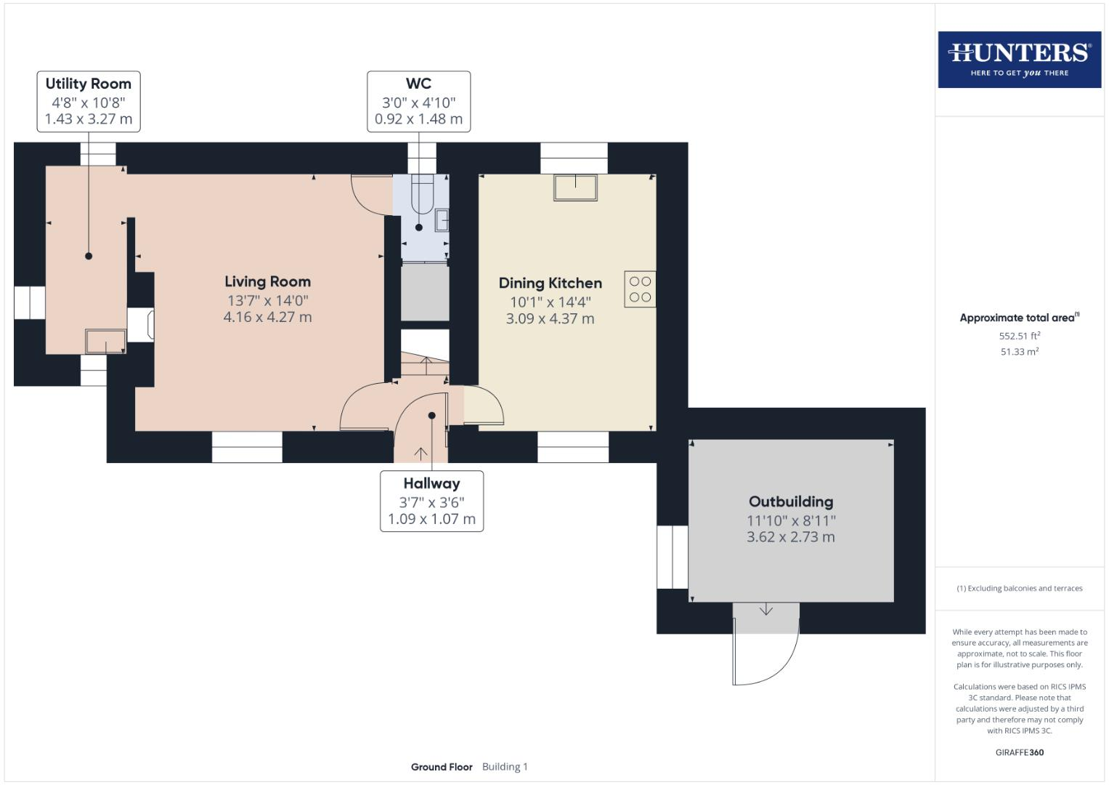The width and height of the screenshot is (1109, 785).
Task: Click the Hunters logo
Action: coord(1019,59)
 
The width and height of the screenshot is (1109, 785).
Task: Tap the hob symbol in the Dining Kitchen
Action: coord(640,289)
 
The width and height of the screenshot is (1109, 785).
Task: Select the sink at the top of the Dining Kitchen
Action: coord(575,187)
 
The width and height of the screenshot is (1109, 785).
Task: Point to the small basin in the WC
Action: coord(442,220)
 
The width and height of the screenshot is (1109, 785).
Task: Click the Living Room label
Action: coord(267,281)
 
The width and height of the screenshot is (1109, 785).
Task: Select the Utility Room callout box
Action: coord(89,101)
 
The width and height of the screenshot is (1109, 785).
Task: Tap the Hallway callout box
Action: coord(431,501)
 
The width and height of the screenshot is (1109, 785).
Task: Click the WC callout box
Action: coord(418,101)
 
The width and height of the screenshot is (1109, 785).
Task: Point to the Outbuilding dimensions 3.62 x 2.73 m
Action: coord(791,537)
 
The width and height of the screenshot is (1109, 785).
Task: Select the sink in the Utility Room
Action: coord(105,341)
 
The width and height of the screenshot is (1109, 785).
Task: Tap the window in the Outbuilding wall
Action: coord(673,556)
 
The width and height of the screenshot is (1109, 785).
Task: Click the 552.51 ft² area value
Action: coord(1019,336)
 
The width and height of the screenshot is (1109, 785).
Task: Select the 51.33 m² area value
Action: coord(1019,352)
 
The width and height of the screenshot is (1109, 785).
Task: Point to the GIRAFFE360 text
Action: coord(1019,752)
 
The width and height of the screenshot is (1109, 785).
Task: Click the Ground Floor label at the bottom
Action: coord(442,767)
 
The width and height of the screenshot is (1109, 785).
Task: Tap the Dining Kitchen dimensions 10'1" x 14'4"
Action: coord(550,302)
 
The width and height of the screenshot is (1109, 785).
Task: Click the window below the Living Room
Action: coord(247,447)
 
